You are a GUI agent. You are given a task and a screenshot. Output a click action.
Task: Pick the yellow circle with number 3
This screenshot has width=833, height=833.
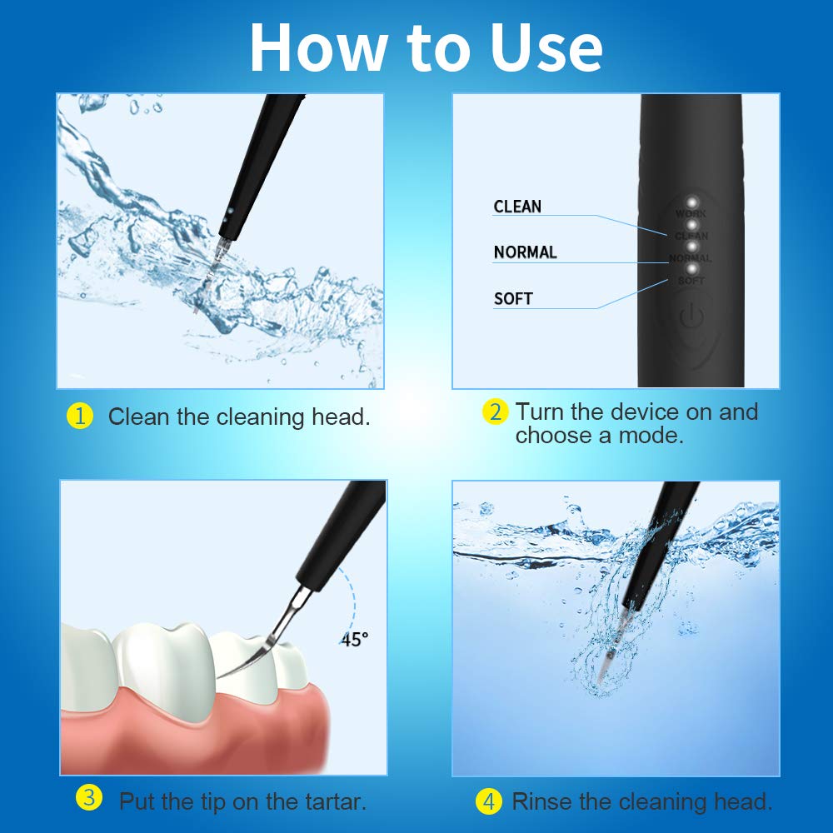point(89,799)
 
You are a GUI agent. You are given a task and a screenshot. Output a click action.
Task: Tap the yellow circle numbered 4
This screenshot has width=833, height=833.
point(489,802)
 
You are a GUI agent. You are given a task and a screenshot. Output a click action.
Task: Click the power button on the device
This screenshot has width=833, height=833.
point(690,317)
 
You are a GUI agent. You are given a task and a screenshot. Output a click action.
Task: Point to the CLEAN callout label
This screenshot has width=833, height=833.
point(517,207)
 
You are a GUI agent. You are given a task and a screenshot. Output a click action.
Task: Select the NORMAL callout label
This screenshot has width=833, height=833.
point(525,252)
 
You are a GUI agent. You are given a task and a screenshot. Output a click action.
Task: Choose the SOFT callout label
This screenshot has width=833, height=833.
point(513,298)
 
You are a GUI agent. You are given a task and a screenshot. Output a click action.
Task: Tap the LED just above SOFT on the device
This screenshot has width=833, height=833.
point(691,268)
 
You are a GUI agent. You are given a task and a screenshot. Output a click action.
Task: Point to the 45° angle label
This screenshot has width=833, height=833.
point(354,640)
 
